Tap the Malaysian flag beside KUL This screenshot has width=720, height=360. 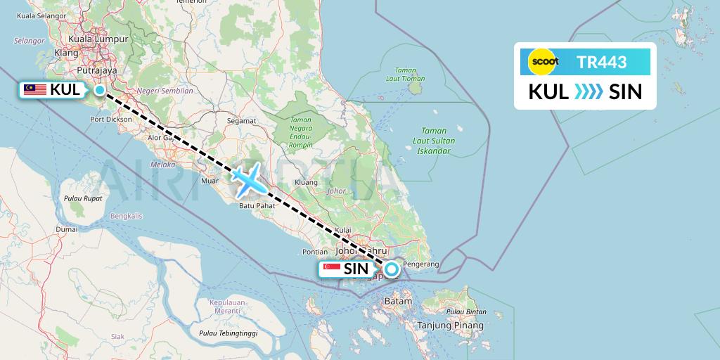point(34,89)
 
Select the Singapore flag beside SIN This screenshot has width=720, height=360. point(330,269)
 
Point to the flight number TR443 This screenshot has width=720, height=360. point(602,62)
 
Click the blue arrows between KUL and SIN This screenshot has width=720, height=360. point(589,91)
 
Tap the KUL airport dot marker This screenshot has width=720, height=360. point(100,89)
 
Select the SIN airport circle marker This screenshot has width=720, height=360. point(391,269)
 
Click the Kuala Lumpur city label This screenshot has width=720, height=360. point(89,39)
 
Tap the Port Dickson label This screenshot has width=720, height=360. point(111,120)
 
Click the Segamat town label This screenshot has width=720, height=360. point(241,121)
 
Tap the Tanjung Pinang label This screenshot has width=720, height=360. point(451,326)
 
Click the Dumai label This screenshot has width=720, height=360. point(67,229)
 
